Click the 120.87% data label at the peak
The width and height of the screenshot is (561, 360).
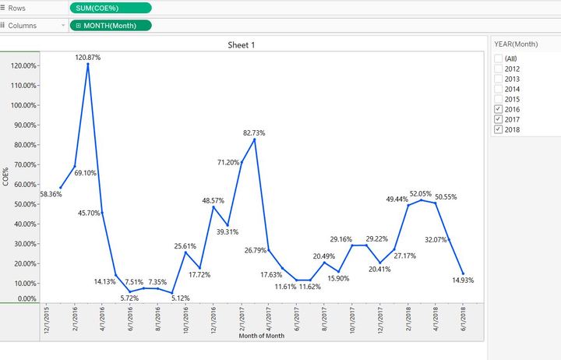87,57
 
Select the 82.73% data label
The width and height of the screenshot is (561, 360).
255,133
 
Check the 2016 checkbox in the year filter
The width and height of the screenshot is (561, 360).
499,109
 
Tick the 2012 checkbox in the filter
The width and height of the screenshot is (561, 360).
499,69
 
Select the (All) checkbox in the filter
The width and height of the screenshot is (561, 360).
499,58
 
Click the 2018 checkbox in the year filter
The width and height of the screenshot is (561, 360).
499,129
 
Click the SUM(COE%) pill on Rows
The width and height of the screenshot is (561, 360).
110,7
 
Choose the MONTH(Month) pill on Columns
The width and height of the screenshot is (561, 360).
110,25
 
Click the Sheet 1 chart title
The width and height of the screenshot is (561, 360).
241,45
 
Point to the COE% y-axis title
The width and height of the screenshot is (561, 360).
5,175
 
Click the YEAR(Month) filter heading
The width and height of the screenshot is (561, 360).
516,44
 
